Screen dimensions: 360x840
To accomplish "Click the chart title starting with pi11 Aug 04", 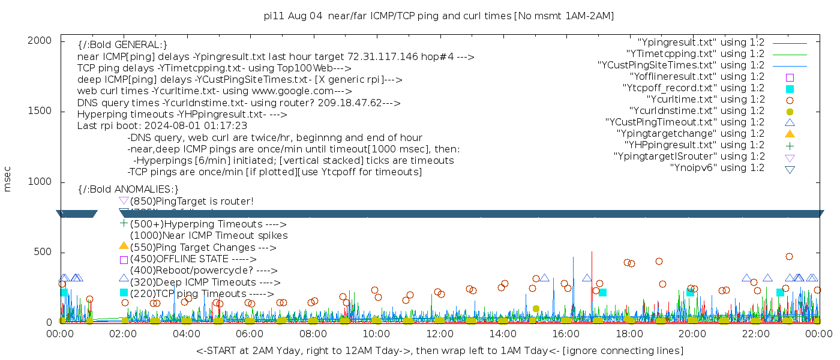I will (439, 16).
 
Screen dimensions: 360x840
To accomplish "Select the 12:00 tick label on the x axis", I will (439, 333).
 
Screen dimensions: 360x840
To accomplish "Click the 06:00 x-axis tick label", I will (250, 333).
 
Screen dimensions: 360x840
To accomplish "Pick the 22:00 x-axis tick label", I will (755, 333).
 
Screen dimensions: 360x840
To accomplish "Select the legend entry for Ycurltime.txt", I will (705, 100).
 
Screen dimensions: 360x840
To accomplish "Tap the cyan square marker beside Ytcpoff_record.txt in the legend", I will (790, 89).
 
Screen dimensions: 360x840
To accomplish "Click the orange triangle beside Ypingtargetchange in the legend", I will (790, 134).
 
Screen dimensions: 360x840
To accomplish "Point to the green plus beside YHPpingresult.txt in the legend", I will (790, 145).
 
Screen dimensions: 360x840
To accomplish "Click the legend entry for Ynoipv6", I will (717, 168).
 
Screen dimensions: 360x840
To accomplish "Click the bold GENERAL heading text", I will (122, 45).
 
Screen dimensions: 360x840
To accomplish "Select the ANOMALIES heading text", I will (128, 190).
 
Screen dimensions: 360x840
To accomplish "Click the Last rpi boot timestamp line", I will (162, 126).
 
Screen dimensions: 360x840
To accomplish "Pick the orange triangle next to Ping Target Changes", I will (124, 245).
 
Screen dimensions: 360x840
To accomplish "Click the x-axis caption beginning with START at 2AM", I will (439, 350).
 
